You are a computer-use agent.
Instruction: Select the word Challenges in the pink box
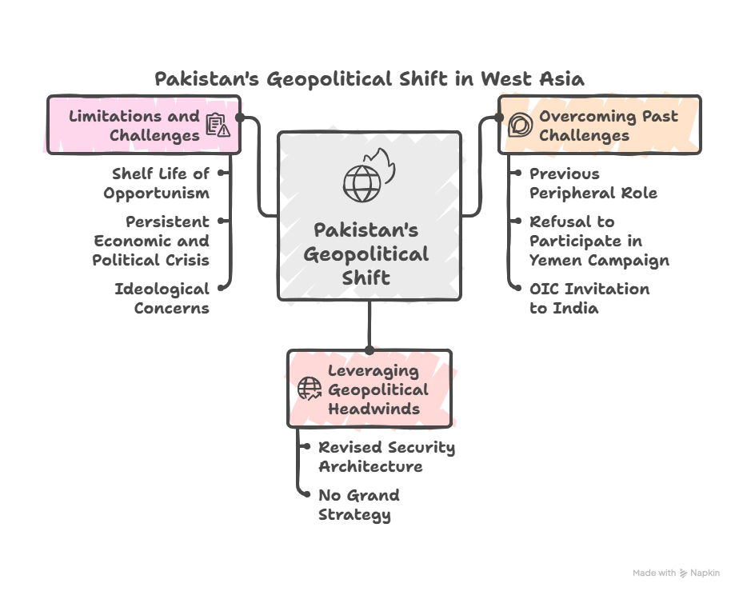[154, 135]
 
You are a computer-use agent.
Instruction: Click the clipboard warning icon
[217, 126]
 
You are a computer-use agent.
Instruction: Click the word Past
[661, 116]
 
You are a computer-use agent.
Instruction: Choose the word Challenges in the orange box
[584, 135]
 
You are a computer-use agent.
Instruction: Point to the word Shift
[369, 278]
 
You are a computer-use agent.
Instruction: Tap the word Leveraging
[373, 370]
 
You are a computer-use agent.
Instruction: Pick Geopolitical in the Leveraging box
[377, 389]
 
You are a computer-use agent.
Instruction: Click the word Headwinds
[373, 409]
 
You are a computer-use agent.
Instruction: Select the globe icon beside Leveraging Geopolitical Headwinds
[309, 389]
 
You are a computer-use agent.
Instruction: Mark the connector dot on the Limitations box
[239, 117]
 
